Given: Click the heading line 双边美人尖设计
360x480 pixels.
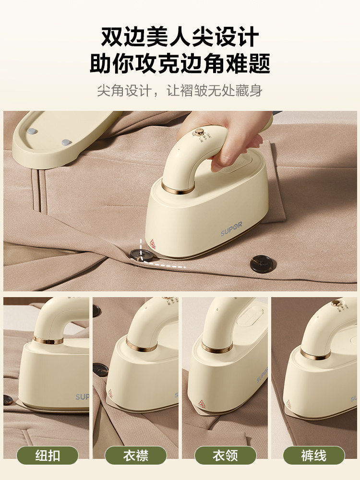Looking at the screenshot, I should click(x=180, y=37).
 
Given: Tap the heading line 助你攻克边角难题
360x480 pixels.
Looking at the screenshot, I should click(x=180, y=63).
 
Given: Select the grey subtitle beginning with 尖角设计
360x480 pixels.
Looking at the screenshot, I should click(x=180, y=90).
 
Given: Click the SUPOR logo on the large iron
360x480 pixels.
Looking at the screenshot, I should click(x=232, y=231).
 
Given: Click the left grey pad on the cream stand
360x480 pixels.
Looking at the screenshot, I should click(x=33, y=131).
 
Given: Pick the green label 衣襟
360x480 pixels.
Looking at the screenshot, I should click(x=136, y=455).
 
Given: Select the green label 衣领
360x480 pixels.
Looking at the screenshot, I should click(x=225, y=455).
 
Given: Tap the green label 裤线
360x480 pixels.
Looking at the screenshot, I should click(x=313, y=455).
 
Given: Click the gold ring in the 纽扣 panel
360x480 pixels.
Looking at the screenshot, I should click(x=48, y=341).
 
